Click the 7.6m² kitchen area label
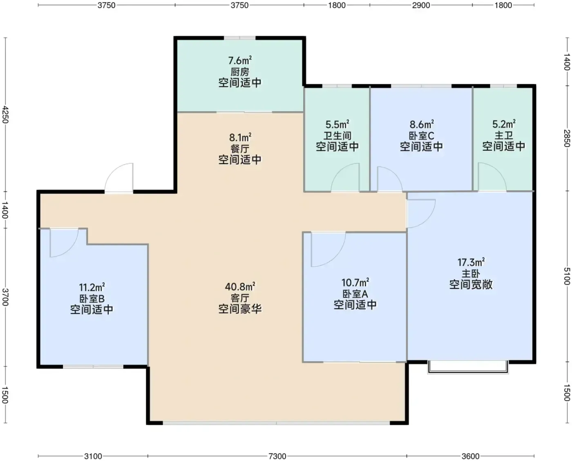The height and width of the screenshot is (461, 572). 240,61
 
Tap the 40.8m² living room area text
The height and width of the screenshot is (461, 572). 240,287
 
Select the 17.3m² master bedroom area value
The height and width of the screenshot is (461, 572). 471,263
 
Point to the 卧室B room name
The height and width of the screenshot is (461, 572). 92,299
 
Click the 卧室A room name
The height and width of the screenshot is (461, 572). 355,294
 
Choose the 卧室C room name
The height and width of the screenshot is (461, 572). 422,136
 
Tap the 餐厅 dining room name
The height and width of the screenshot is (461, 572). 240,149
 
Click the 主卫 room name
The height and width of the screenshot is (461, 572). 504,135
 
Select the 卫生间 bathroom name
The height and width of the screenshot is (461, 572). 337,136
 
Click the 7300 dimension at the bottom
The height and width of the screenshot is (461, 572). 277,456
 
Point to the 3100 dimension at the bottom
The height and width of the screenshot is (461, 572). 93,456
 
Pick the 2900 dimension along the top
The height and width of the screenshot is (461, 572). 421,5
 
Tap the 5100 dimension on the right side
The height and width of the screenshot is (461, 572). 567,276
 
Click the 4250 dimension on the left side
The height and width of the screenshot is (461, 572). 5,115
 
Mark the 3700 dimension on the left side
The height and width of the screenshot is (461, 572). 5,297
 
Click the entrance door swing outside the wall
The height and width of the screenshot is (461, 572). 119,178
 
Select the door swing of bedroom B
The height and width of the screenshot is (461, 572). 64,243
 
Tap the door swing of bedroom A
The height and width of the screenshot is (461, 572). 328,250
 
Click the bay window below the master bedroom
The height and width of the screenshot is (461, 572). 468,367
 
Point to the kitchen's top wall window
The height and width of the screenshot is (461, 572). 240,38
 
